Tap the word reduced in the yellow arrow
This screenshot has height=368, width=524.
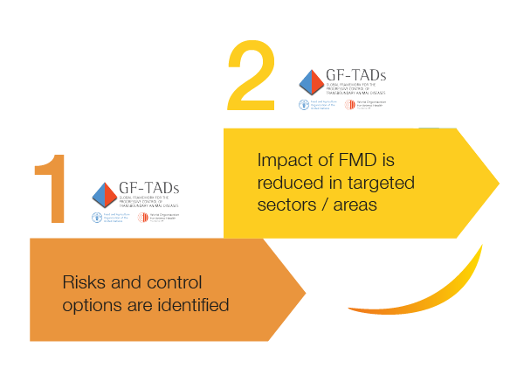point(293,184)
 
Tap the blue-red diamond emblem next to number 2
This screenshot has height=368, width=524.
point(310,83)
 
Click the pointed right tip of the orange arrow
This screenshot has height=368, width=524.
point(303,289)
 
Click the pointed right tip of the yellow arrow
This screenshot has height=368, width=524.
point(497,183)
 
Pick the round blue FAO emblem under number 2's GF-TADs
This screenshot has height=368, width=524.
point(304,105)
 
